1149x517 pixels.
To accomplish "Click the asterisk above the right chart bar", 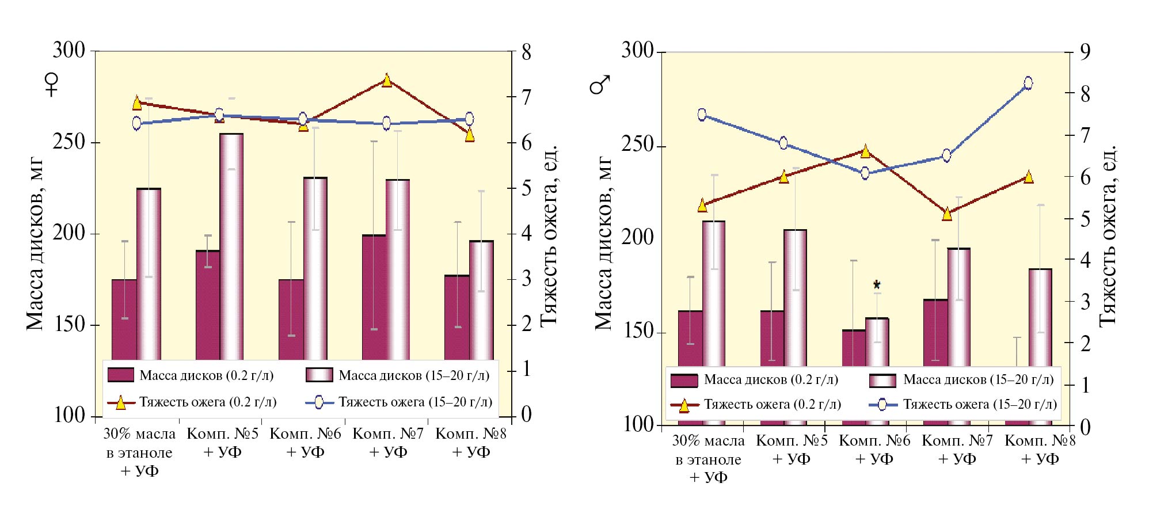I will tap(877, 284).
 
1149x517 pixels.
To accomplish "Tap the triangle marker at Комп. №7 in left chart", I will tap(387, 81).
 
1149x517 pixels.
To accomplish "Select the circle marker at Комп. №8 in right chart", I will tap(1029, 83).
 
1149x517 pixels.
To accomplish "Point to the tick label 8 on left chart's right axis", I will tap(526, 52).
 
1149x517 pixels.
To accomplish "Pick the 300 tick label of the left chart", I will tap(69, 51).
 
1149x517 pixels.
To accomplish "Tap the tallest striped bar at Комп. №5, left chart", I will tap(231, 248).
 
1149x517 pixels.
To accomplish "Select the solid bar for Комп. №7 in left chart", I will tap(374, 296).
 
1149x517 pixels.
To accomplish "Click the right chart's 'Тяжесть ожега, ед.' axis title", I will tap(1108, 236).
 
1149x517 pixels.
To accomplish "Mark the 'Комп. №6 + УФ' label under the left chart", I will tap(305, 442).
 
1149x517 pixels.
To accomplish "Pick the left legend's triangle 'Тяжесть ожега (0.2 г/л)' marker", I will tap(121, 402).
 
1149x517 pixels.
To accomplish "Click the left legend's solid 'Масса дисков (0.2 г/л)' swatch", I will tap(121, 375).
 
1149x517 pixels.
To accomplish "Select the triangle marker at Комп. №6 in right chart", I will tap(865, 151).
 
